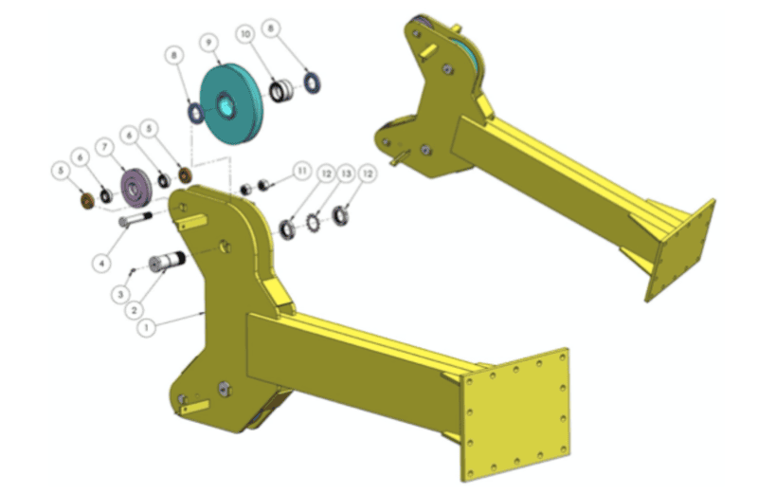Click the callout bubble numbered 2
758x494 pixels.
[x=134, y=309]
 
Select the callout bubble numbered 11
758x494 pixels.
[x=301, y=171]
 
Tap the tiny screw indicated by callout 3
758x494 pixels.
[x=134, y=271]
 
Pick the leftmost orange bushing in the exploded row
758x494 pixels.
[x=84, y=200]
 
